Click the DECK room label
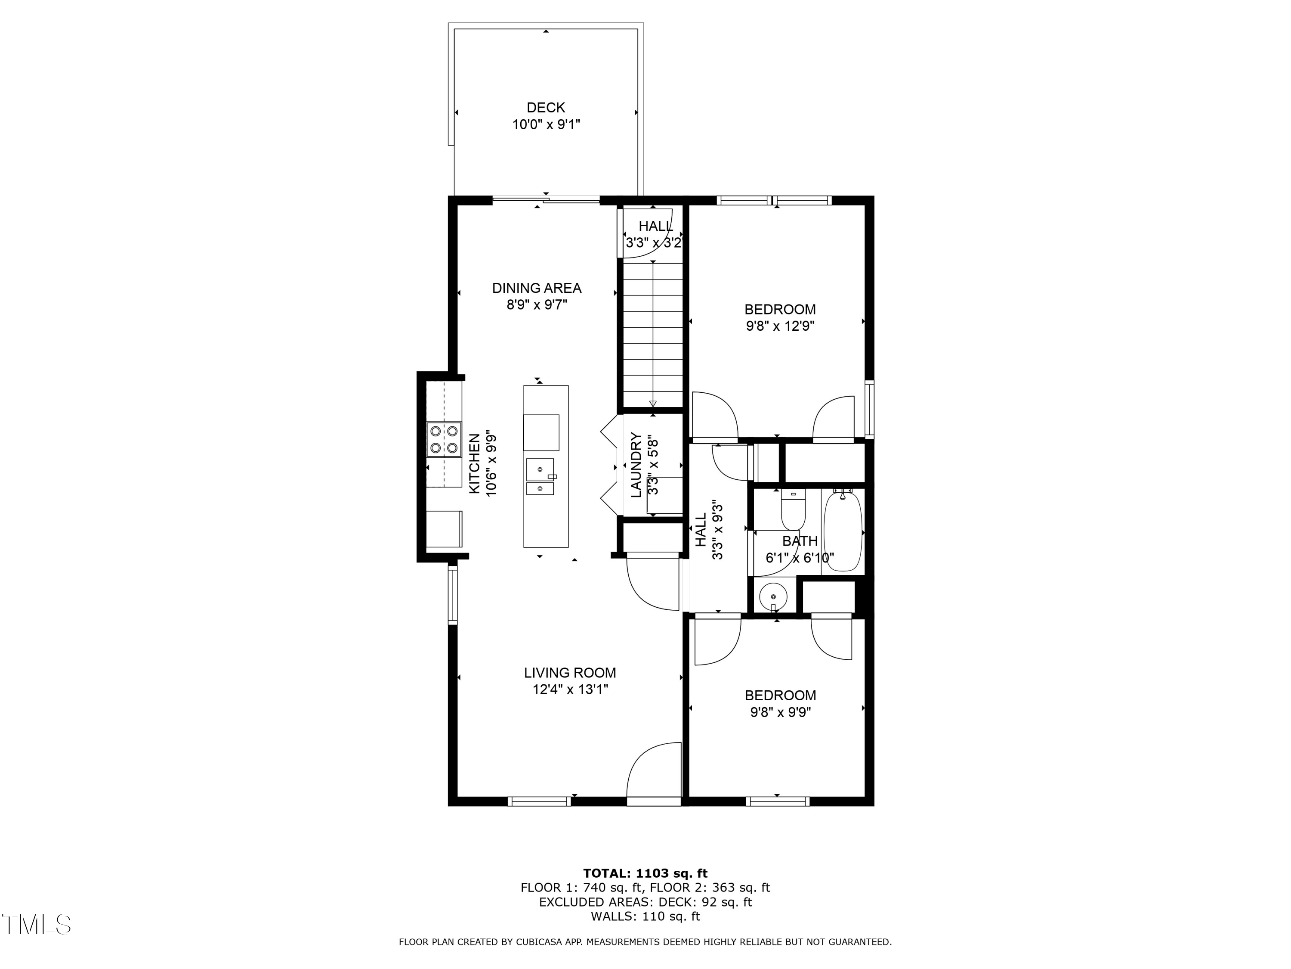(546, 108)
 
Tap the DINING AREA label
(536, 288)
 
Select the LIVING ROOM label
(570, 673)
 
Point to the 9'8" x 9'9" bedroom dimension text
(780, 712)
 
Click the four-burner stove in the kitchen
(444, 439)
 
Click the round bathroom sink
(773, 597)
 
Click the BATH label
(800, 541)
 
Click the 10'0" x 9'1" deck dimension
(546, 124)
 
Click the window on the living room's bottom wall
(539, 801)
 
